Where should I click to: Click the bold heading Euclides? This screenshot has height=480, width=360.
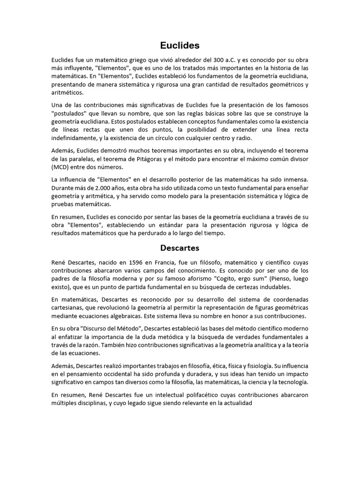180,45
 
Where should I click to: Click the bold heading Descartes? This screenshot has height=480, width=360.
180,247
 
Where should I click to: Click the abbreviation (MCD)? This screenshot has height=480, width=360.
62,167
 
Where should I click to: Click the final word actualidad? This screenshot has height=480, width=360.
237,403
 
